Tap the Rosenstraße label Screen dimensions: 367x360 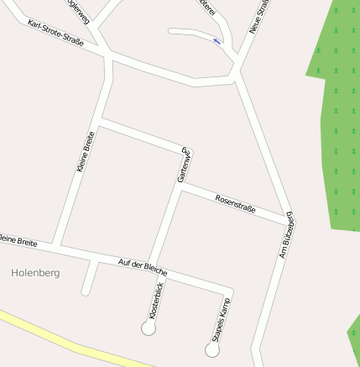[235, 203]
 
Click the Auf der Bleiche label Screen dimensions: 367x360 [143, 267]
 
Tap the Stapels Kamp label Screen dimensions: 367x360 [219, 320]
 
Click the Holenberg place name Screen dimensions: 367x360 [36, 273]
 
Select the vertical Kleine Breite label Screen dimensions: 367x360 [85, 152]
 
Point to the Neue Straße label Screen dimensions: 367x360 [259, 17]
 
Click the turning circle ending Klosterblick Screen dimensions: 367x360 [149, 328]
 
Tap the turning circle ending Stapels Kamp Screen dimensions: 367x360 [212, 349]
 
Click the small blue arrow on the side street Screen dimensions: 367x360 [217, 40]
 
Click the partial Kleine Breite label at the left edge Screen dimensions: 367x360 [17, 242]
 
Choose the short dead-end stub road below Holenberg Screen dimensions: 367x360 [88, 279]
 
